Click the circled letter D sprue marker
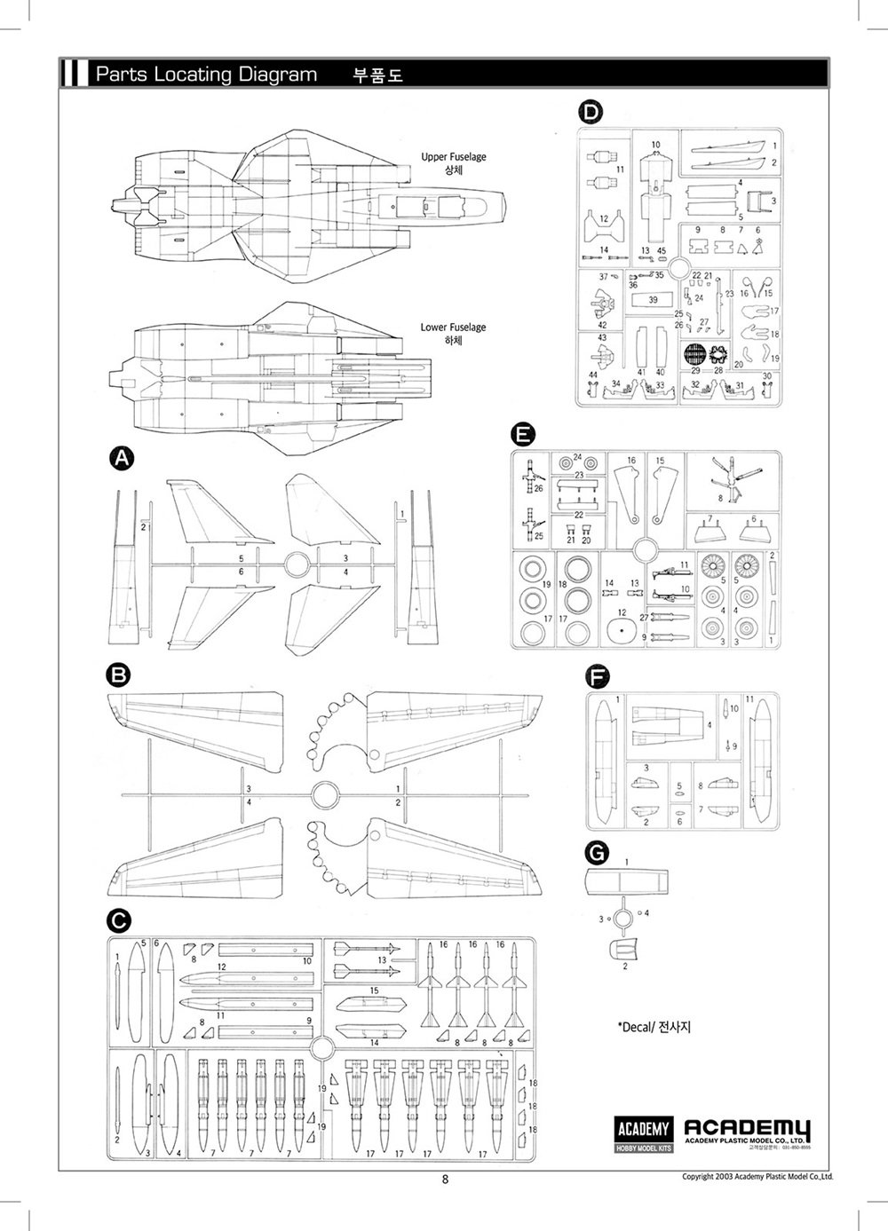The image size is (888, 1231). point(590,112)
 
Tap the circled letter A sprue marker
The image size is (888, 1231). point(121,459)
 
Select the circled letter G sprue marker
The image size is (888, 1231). point(599,853)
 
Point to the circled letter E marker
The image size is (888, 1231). point(524,434)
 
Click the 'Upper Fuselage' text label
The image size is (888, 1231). point(454,157)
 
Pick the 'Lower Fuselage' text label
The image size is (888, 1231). point(453,327)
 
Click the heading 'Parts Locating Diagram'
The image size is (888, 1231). point(205,75)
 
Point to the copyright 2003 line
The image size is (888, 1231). point(757,1177)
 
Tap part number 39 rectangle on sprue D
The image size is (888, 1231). point(653,301)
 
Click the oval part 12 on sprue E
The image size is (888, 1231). point(621,633)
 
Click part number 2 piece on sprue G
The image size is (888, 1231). point(623,951)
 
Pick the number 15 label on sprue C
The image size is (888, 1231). point(374,990)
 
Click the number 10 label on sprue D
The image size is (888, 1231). point(655,145)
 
